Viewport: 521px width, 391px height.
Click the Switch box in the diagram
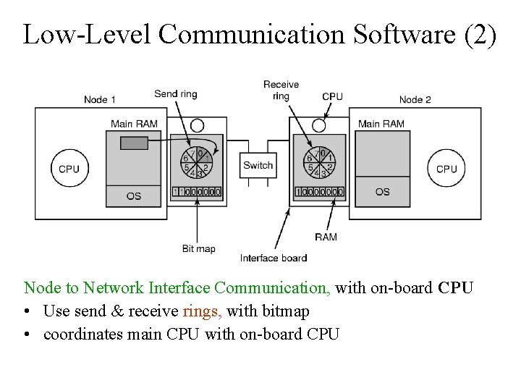tap(258, 166)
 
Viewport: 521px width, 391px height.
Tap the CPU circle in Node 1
tap(69, 169)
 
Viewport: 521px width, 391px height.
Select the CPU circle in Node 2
tap(446, 169)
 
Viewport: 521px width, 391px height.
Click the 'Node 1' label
tap(99, 99)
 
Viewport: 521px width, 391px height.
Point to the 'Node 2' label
tap(415, 99)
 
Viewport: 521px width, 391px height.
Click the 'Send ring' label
tap(175, 94)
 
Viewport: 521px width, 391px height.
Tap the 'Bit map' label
tap(198, 249)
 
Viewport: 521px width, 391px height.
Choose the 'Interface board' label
tap(274, 258)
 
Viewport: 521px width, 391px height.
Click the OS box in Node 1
tap(134, 195)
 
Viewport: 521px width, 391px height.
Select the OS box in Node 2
tap(383, 192)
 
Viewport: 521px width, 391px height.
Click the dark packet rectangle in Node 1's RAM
tap(133, 143)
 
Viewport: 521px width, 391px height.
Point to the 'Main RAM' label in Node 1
tap(134, 124)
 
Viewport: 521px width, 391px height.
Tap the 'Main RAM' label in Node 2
tap(381, 124)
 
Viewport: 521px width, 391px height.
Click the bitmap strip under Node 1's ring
tap(197, 192)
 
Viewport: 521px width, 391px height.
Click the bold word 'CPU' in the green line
tap(455, 288)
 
